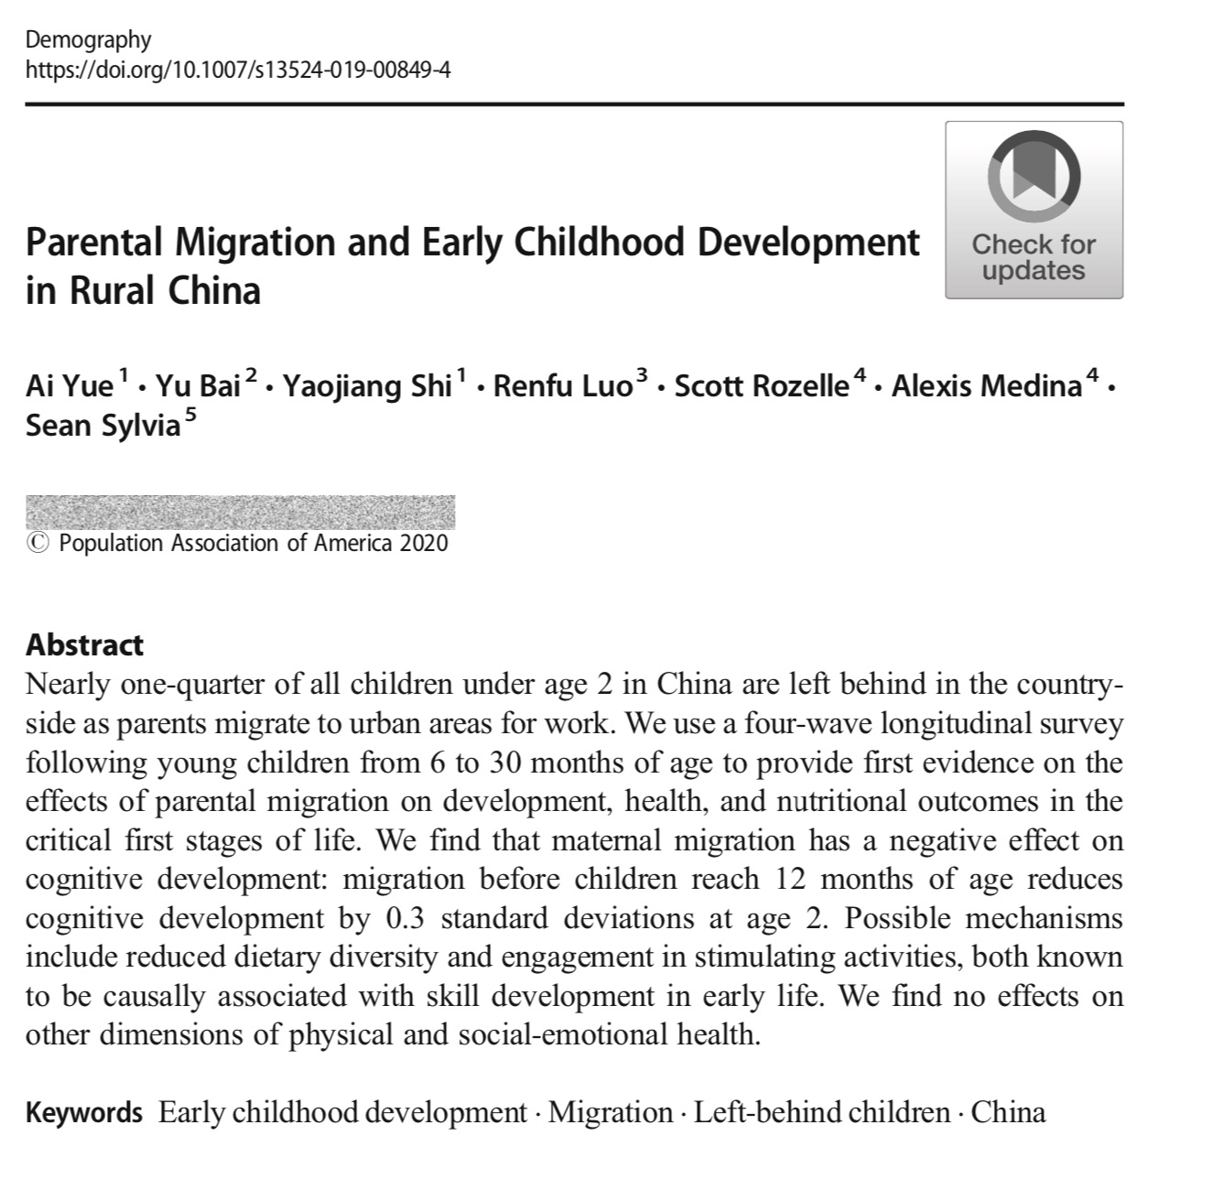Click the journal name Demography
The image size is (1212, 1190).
pyautogui.click(x=88, y=39)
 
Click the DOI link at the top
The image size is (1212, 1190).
pyautogui.click(x=238, y=69)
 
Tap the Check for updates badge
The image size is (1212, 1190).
pyautogui.click(x=1033, y=210)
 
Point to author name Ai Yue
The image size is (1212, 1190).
pyautogui.click(x=70, y=386)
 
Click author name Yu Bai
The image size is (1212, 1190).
pyautogui.click(x=198, y=386)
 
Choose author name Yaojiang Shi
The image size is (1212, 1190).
pyautogui.click(x=367, y=386)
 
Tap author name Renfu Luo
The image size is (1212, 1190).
pyautogui.click(x=562, y=386)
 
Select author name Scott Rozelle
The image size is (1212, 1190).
pyautogui.click(x=762, y=386)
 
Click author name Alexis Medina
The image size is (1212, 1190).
pyautogui.click(x=987, y=386)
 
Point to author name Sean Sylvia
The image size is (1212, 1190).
pyautogui.click(x=103, y=426)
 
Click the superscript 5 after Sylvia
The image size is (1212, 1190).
pyautogui.click(x=189, y=417)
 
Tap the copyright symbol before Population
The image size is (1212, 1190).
pyautogui.click(x=38, y=544)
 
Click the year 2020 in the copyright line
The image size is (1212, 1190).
pyautogui.click(x=424, y=543)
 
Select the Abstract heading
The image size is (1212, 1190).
pyautogui.click(x=84, y=644)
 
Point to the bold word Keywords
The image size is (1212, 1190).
pyautogui.click(x=84, y=1113)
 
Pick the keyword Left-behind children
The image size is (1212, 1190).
pyautogui.click(x=821, y=1113)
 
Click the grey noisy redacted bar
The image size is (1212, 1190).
pyautogui.click(x=240, y=512)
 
